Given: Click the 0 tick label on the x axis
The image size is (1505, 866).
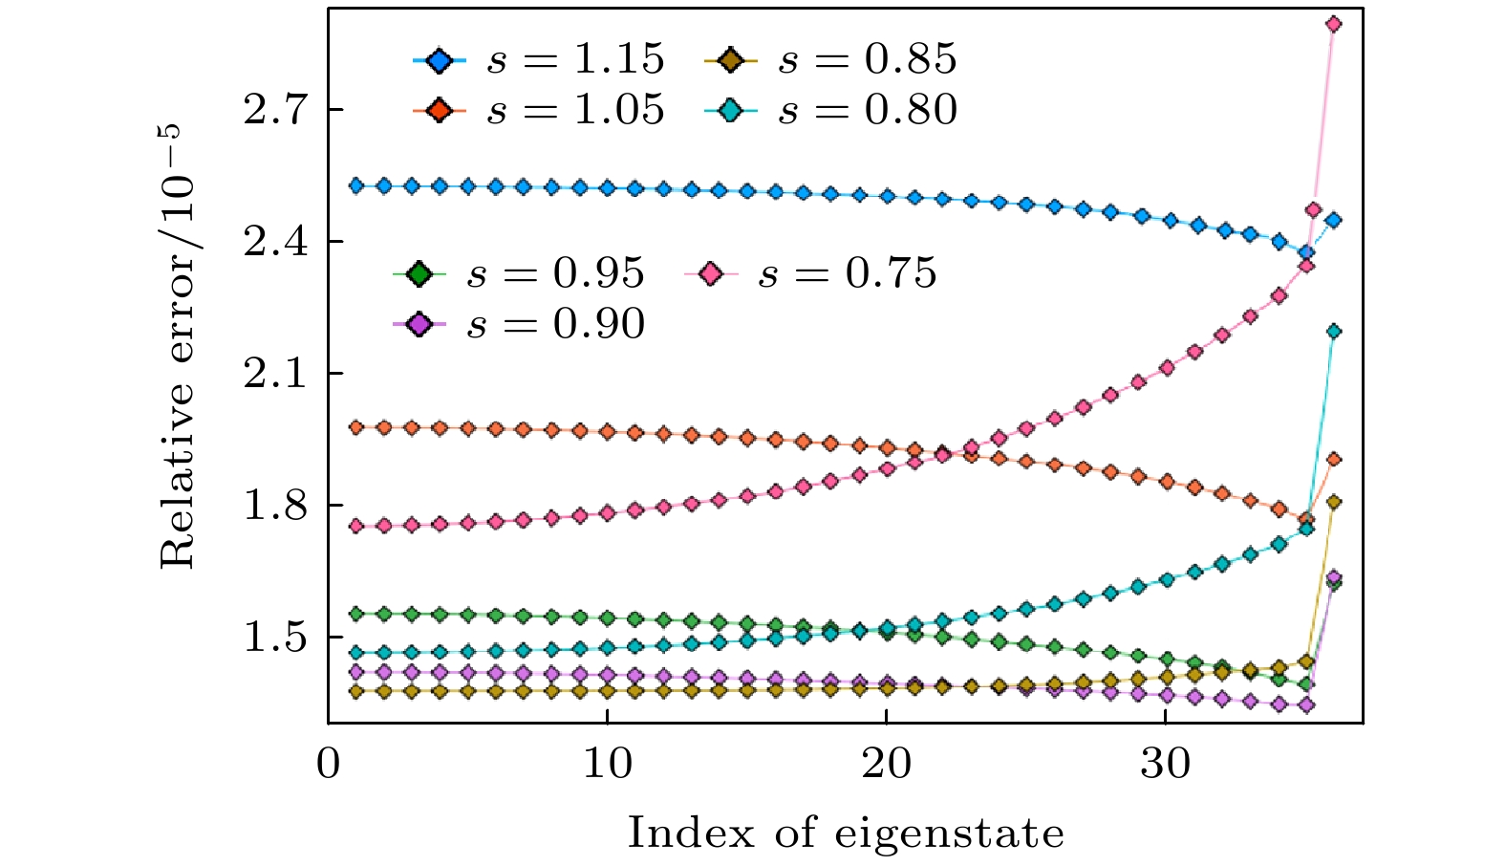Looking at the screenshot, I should (329, 765).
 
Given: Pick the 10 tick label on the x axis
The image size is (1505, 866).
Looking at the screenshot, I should (608, 765).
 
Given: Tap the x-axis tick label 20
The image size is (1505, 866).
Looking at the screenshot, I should (887, 765).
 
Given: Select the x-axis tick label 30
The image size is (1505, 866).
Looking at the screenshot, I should (1166, 765).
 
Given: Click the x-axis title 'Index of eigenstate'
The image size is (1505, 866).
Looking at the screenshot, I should (846, 834).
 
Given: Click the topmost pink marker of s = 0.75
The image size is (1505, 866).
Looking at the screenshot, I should (1334, 24).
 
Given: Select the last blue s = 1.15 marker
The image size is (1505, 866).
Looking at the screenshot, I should (1334, 220).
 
